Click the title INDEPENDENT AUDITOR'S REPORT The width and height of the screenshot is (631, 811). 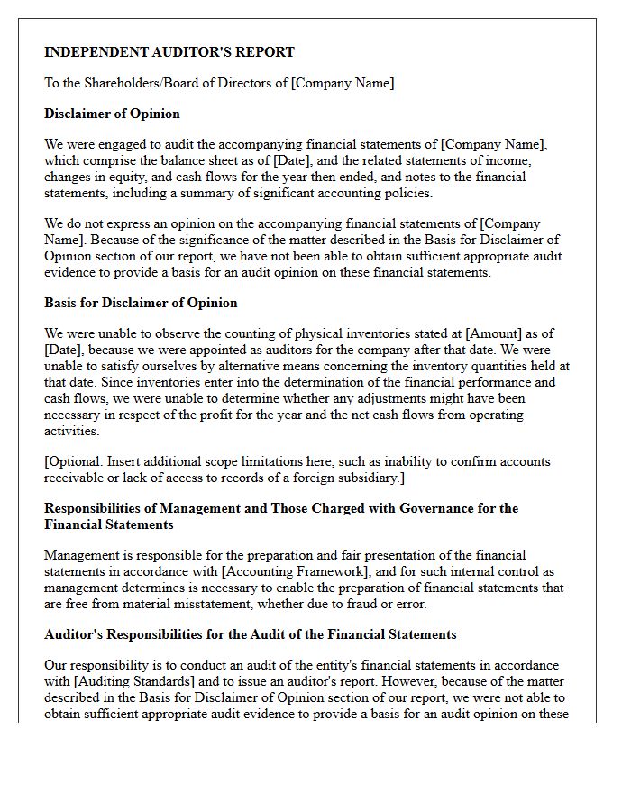pos(169,52)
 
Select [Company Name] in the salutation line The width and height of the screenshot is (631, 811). pos(343,83)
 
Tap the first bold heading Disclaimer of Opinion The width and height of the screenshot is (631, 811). pos(112,114)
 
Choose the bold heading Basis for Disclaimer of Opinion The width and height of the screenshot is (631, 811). pos(141,303)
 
